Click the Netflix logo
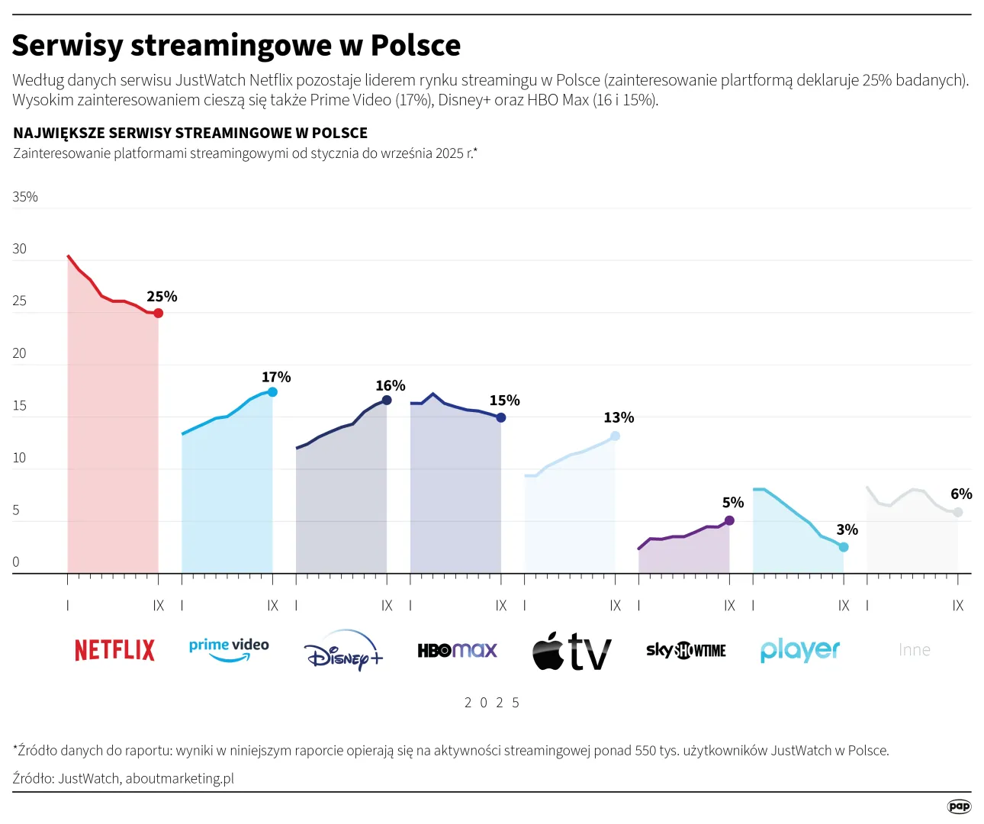(x=114, y=650)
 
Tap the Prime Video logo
(x=229, y=649)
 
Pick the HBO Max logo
(x=457, y=650)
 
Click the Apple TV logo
(x=571, y=652)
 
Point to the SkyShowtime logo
(x=686, y=650)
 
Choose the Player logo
(x=799, y=650)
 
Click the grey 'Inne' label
(x=914, y=650)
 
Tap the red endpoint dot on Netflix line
(x=158, y=313)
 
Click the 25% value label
(x=162, y=296)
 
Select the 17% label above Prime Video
(x=276, y=377)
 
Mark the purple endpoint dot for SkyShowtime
(x=729, y=520)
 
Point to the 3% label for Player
(x=847, y=529)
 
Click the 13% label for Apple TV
(x=619, y=417)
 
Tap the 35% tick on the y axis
(x=25, y=197)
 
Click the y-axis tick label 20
(x=19, y=353)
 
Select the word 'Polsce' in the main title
(x=416, y=46)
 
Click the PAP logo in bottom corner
(x=959, y=806)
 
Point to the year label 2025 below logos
(x=492, y=703)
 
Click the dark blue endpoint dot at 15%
(x=501, y=417)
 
